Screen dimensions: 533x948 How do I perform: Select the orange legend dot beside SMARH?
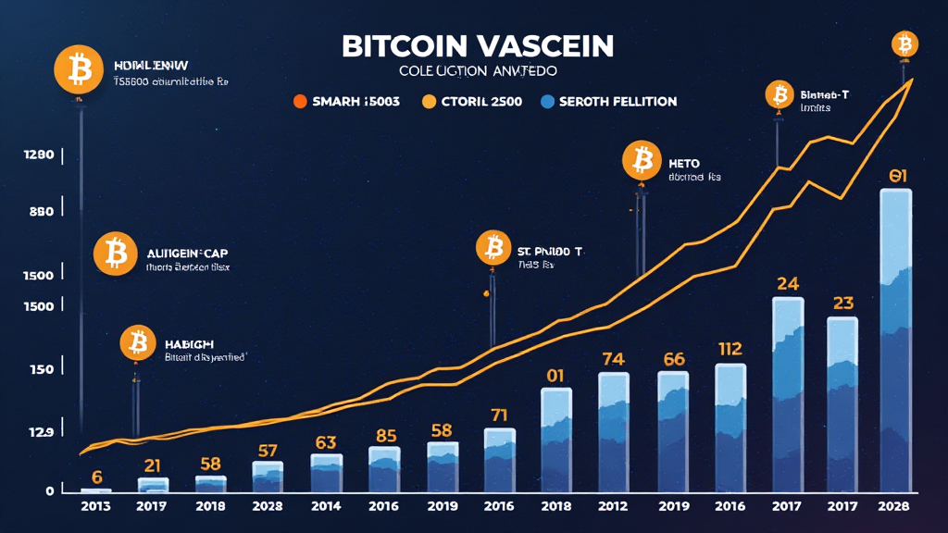coord(299,102)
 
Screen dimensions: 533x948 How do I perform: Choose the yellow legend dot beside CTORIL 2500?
coord(429,102)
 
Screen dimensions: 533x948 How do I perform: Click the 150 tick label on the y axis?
coord(41,369)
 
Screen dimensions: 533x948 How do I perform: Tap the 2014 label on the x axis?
coord(326,507)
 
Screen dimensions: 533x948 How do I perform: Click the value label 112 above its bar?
coord(730,349)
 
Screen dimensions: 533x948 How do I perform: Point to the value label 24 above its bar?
coord(788,283)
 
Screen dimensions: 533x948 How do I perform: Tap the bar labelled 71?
coord(500,459)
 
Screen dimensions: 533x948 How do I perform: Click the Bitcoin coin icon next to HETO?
coord(641,161)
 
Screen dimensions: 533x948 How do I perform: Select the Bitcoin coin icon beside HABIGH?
coord(138,343)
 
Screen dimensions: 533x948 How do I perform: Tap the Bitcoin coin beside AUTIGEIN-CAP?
coord(116,253)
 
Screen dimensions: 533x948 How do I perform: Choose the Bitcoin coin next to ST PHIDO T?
coord(493,248)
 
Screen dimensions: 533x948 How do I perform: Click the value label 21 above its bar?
coord(153,465)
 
